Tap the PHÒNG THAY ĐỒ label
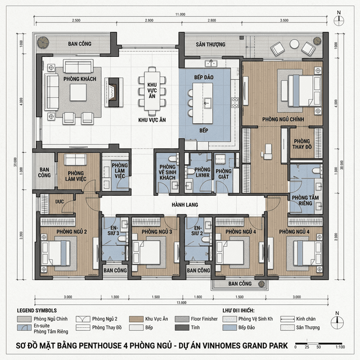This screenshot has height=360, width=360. (x=302, y=145)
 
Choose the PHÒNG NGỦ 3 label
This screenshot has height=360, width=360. (x=156, y=231)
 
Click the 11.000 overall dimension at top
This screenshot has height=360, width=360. (x=179, y=13)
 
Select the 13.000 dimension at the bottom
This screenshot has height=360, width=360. (x=179, y=303)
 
